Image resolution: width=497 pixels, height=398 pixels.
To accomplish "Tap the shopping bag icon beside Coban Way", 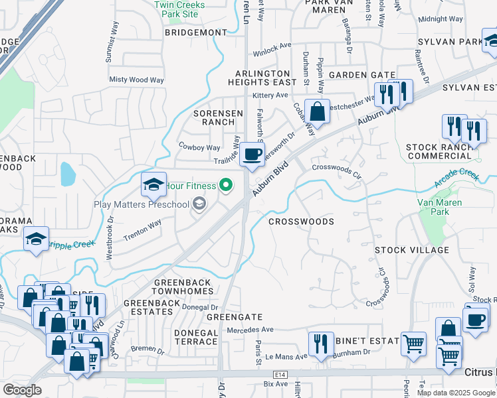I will (x=318, y=111).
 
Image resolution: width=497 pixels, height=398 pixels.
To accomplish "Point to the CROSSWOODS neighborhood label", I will (x=301, y=222).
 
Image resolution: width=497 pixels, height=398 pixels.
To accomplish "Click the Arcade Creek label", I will (x=456, y=176).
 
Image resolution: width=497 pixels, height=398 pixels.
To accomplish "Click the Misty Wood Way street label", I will (x=136, y=80).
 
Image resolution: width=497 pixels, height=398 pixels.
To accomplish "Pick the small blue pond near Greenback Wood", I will (x=68, y=174).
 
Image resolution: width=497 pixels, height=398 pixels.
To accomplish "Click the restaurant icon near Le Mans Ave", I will (x=320, y=344).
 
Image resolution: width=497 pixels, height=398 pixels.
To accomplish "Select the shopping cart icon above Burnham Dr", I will (x=414, y=344).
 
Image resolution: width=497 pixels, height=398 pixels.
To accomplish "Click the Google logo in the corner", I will (x=22, y=390).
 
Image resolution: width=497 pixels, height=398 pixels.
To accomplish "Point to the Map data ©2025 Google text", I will (x=456, y=393).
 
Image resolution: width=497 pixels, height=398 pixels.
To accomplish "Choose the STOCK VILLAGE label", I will (x=412, y=250).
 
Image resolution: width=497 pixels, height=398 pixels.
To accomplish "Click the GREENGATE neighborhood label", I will (x=235, y=317).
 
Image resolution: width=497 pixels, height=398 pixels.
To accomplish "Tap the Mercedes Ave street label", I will (x=250, y=330).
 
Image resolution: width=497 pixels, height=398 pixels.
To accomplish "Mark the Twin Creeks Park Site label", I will (x=176, y=9).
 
